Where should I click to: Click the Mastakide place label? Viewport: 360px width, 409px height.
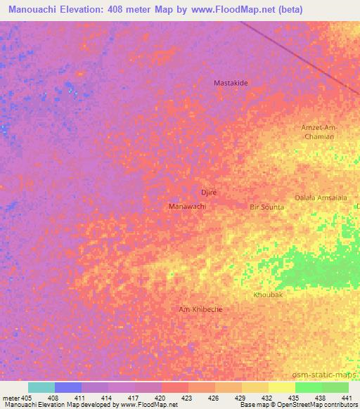[231, 83]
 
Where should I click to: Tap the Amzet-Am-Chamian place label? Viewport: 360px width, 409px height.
[319, 131]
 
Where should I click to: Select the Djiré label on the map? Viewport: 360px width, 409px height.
[207, 192]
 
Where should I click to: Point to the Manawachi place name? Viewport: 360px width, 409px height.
[187, 207]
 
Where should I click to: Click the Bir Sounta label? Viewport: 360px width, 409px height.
[267, 207]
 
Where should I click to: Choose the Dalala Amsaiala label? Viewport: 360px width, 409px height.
[321, 197]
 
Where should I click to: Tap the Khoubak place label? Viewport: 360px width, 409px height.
[268, 295]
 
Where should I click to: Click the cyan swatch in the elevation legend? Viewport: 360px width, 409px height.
[41, 387]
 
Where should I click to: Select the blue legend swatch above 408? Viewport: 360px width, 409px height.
[67, 387]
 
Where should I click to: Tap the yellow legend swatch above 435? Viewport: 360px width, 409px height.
[281, 387]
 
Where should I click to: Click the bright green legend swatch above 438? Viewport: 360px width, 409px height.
[308, 387]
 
